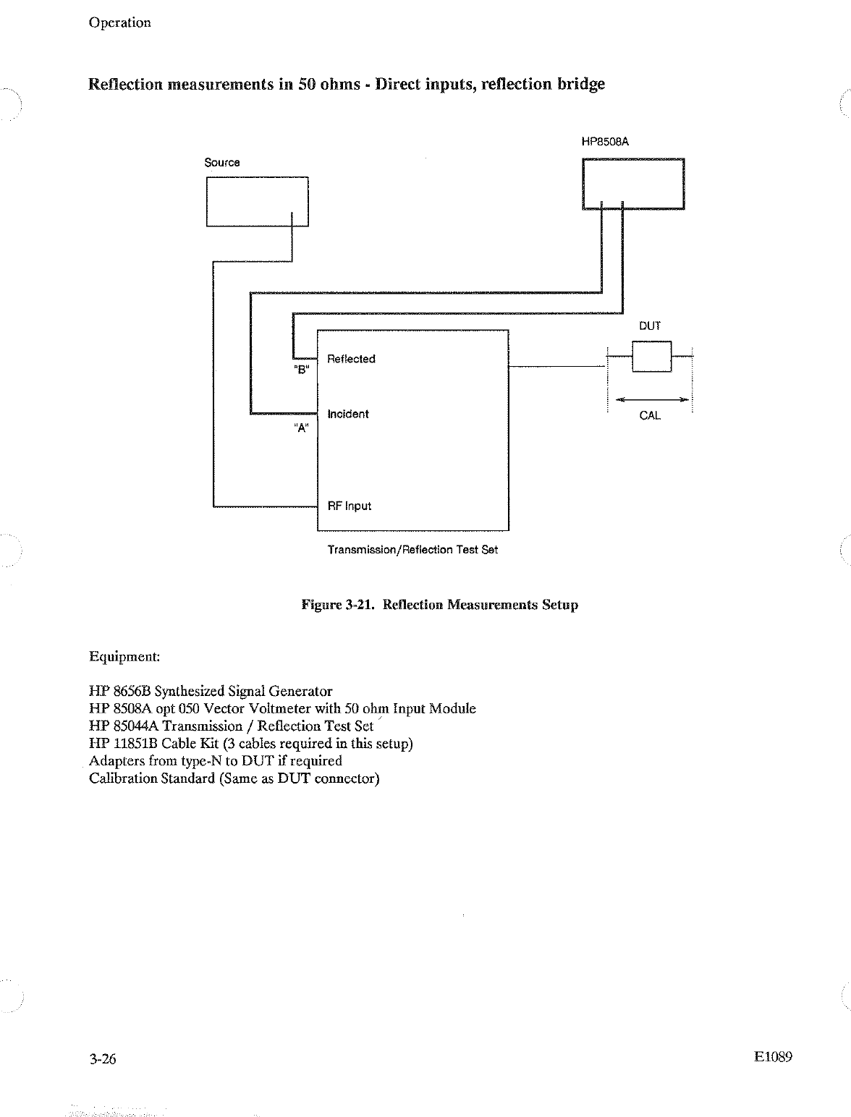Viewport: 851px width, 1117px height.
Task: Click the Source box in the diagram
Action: (257, 201)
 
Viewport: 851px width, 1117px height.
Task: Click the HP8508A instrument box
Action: (633, 184)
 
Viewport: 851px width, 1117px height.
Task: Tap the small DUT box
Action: (651, 356)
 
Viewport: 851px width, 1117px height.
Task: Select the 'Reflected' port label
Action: (351, 359)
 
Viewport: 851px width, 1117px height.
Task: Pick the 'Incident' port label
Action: (348, 414)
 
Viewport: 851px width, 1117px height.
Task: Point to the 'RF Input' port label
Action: (350, 506)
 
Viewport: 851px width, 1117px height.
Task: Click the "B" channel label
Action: (302, 370)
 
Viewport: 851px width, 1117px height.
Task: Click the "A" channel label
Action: (302, 428)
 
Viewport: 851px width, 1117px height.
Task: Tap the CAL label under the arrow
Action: (650, 416)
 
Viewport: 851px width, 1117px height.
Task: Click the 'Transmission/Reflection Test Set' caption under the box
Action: (412, 550)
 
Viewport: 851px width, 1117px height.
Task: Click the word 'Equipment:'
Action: (124, 657)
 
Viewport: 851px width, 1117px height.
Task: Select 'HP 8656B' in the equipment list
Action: (120, 692)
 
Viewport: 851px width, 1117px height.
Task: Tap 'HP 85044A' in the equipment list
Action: (124, 726)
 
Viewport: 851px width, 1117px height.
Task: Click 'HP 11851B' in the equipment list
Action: (124, 744)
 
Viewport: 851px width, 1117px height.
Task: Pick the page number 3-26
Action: (103, 1059)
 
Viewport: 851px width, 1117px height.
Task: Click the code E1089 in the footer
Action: (773, 1057)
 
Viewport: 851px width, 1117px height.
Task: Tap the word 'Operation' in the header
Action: (120, 22)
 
